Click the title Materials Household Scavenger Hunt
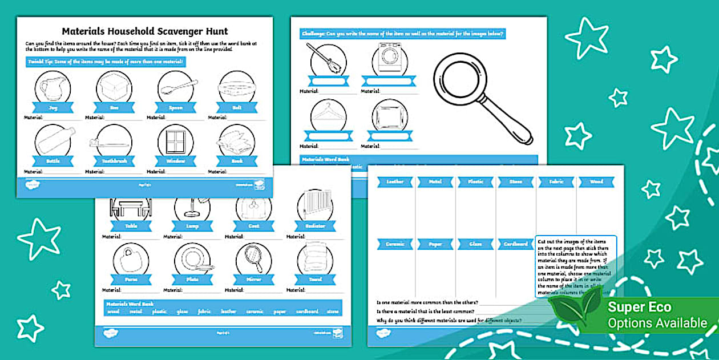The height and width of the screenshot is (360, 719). pyautogui.click(x=144, y=31)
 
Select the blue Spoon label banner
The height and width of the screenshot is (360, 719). pyautogui.click(x=176, y=107)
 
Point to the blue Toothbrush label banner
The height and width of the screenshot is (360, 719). pyautogui.click(x=114, y=161)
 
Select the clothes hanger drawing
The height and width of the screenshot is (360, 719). pyautogui.click(x=328, y=114)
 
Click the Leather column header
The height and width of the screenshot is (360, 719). pyautogui.click(x=395, y=182)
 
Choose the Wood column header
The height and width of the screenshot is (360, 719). pyautogui.click(x=596, y=182)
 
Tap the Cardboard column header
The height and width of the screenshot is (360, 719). pyautogui.click(x=515, y=244)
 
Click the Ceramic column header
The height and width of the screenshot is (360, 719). pyautogui.click(x=395, y=244)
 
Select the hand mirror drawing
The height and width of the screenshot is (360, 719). pyautogui.click(x=254, y=258)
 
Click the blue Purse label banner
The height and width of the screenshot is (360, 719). pyautogui.click(x=131, y=280)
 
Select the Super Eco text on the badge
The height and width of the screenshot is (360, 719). pyautogui.click(x=639, y=307)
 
